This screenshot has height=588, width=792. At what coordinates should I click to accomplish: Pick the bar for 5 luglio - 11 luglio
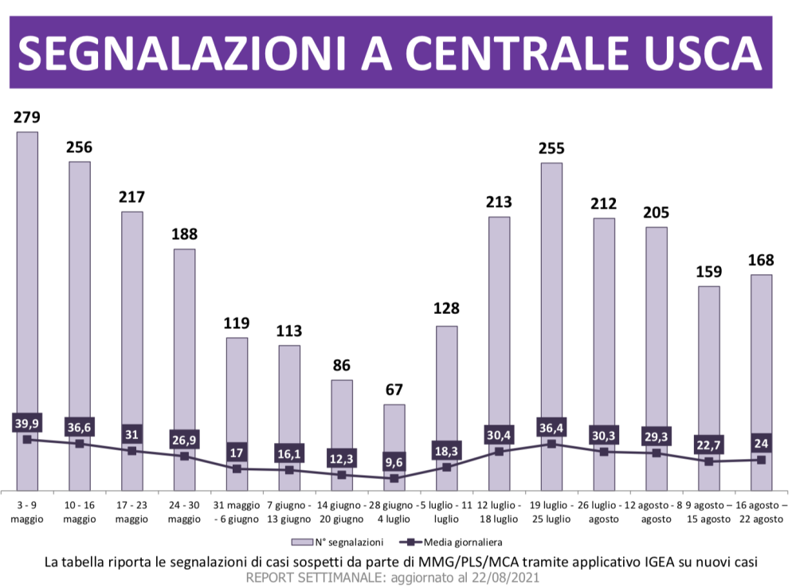(446, 382)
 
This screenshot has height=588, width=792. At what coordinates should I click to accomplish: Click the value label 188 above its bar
(184, 234)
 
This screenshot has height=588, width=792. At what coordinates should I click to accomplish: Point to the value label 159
(708, 272)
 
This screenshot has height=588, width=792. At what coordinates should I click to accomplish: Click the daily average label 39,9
(27, 422)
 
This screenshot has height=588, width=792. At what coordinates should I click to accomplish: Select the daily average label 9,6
(394, 461)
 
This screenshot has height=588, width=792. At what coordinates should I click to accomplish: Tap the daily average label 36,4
(551, 427)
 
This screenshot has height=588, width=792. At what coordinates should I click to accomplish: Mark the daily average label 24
(761, 443)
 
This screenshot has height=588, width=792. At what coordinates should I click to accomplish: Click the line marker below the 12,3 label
(342, 475)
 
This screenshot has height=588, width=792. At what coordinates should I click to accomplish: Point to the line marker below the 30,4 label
(499, 452)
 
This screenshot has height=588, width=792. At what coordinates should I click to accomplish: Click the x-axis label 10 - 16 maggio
(80, 512)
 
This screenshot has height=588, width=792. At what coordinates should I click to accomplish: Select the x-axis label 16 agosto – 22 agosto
(761, 512)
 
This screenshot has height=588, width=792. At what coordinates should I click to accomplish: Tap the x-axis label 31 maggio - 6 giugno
(237, 512)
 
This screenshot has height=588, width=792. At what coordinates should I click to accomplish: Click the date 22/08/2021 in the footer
(508, 578)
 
